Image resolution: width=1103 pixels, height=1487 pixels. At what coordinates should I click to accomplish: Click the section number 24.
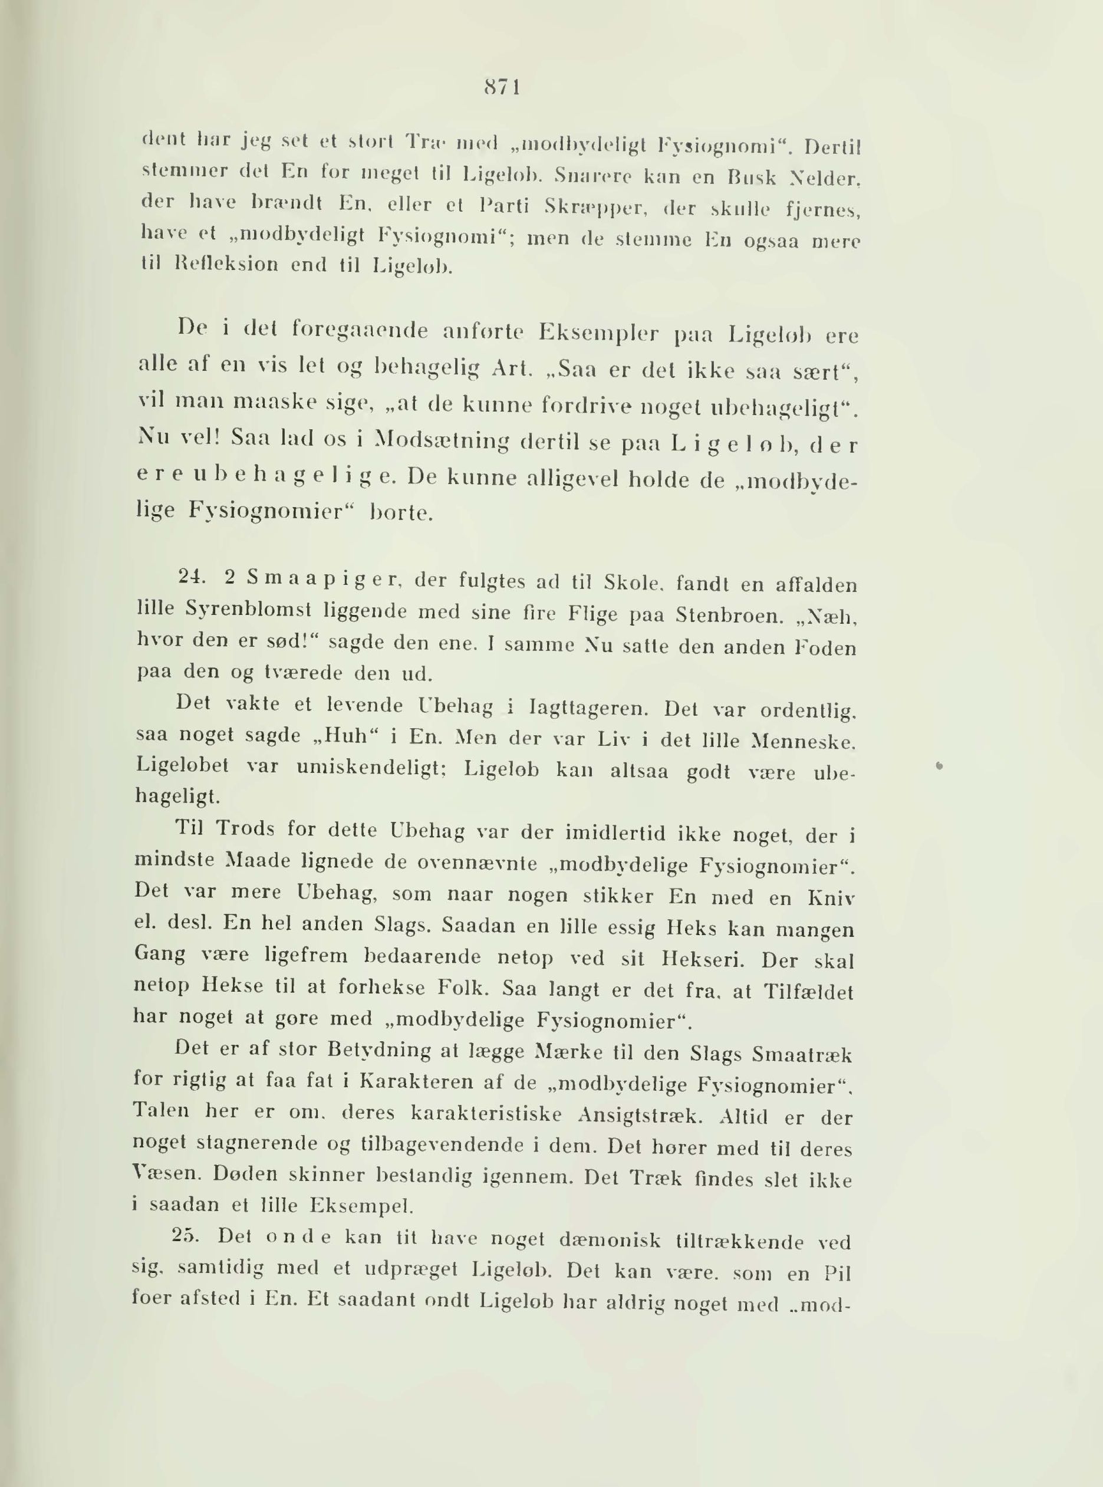tap(191, 579)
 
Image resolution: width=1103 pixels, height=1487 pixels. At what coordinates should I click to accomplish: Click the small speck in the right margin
tap(940, 768)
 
